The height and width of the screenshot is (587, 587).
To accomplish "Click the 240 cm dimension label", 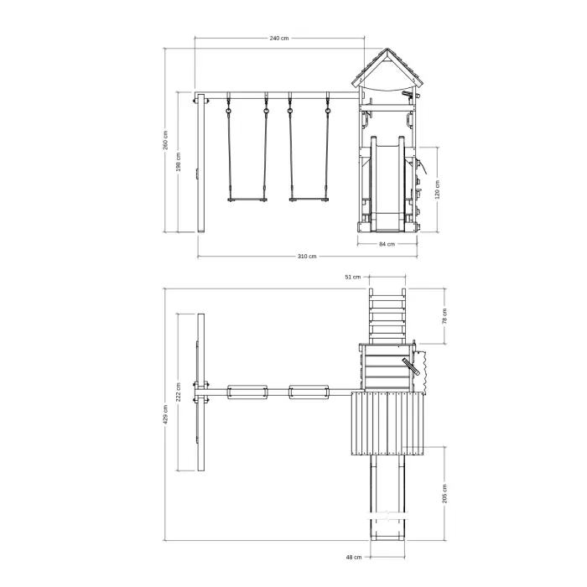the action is (279, 39).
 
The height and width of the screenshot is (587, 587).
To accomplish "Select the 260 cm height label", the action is (165, 140).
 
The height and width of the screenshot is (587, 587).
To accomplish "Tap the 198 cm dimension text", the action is (179, 162).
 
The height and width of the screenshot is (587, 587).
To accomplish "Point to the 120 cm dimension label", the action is (437, 190).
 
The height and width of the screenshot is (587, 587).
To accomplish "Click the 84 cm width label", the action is (387, 244).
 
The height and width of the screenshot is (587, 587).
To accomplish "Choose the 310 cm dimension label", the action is (307, 257).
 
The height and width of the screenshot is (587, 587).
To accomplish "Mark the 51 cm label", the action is (353, 277).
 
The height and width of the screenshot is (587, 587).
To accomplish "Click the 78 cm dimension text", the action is (444, 316).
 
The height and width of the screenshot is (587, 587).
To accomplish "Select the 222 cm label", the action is (179, 392).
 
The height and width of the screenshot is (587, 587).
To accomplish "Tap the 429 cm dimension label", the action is (165, 414).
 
